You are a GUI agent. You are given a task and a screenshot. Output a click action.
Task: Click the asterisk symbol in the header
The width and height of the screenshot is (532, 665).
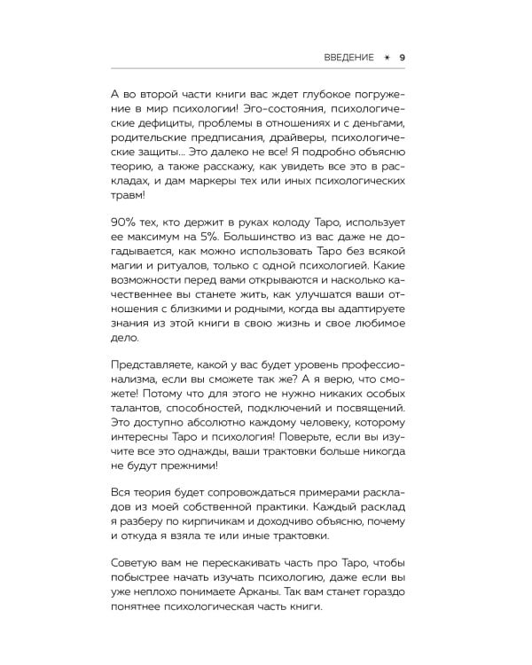(x=386, y=58)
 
